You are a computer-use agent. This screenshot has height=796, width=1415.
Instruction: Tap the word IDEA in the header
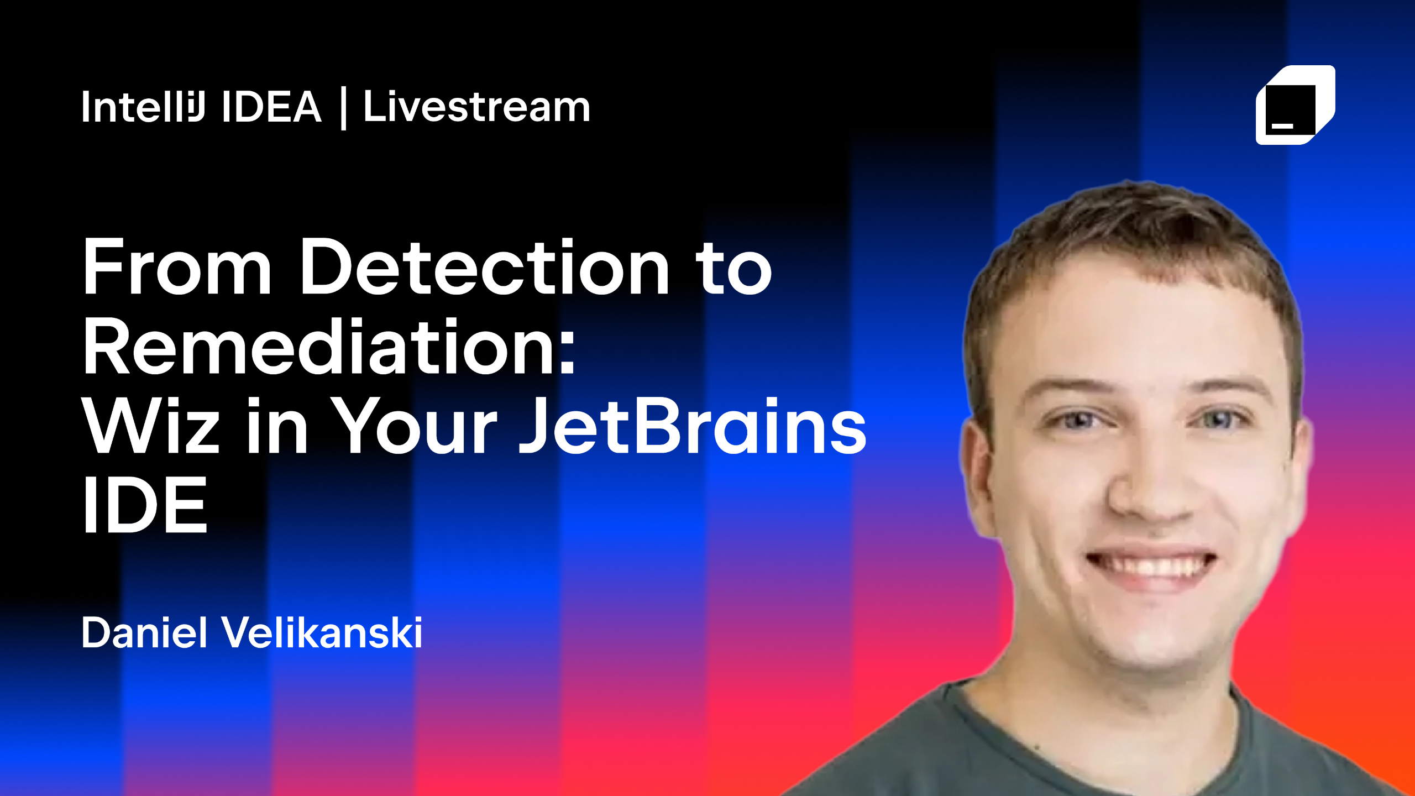click(x=271, y=107)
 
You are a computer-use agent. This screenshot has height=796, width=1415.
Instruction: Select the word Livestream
click(x=476, y=107)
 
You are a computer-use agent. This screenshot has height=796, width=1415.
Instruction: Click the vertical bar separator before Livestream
click(x=343, y=108)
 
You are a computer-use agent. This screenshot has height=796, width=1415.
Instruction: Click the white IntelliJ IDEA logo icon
click(x=1295, y=105)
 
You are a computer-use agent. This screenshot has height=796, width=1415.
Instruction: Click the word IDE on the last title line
click(x=145, y=506)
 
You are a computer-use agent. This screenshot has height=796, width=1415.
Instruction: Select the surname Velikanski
click(x=322, y=632)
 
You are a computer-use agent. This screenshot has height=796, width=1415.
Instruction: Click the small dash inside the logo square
click(x=1282, y=126)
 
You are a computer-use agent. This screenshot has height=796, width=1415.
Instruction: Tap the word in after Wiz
click(x=276, y=427)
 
